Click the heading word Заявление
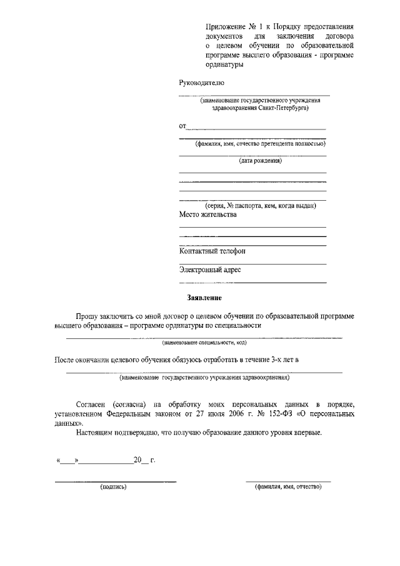[204, 298]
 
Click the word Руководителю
[201, 83]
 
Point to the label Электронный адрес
[210, 270]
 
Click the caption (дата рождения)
[260, 161]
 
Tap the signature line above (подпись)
[116, 480]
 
